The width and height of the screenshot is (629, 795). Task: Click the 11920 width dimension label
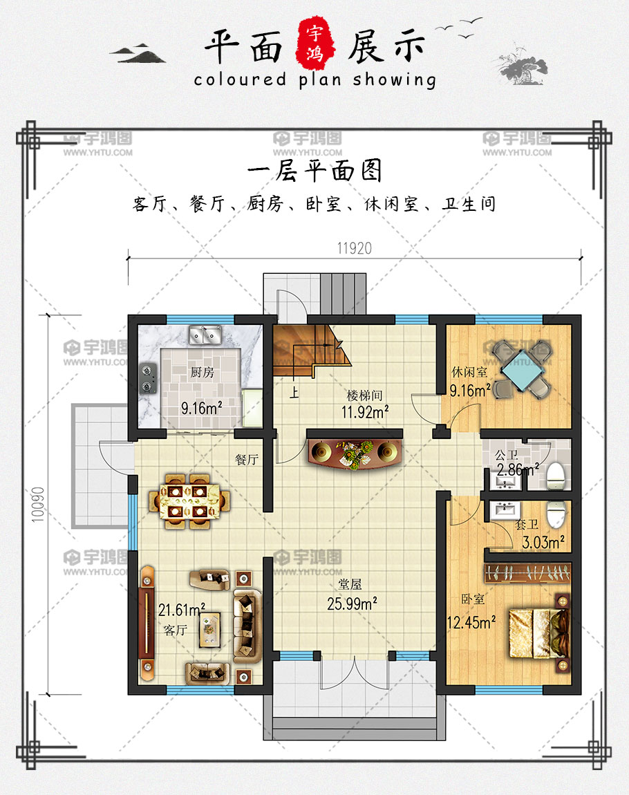coord(355,248)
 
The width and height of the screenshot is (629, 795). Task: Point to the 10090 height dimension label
coord(38,504)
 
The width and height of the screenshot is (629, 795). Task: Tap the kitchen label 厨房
coord(203,373)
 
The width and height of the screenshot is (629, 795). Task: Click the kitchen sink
coord(205,335)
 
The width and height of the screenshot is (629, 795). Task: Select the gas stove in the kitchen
coord(148,379)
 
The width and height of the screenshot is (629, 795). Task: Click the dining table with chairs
coord(189,501)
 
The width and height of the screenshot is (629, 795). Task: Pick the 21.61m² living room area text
coord(182,609)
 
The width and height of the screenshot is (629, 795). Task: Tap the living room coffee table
coord(210,630)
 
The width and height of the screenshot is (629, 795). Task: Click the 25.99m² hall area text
coord(352,604)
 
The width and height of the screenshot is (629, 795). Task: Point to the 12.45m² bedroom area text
coord(471,621)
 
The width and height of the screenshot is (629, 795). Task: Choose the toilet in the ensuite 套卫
coord(556,514)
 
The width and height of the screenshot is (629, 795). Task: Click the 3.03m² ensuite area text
coord(543,543)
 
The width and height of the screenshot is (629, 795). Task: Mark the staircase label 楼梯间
coord(364,395)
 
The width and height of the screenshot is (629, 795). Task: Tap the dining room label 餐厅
coord(247,459)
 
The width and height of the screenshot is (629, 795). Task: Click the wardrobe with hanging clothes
coord(527,572)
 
